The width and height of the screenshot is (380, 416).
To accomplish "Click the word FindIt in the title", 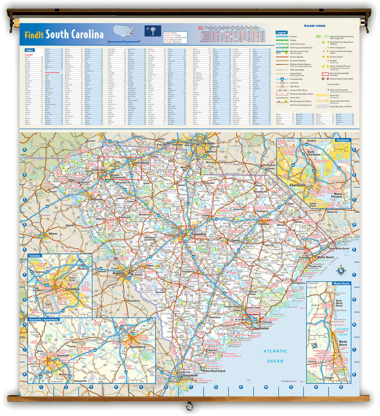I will [34, 35].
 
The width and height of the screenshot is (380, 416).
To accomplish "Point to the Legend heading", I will [282, 32].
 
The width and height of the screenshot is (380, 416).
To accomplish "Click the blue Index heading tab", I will [30, 50].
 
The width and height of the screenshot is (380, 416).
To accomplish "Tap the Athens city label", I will [52, 233].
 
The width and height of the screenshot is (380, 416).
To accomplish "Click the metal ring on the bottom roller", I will [189, 405].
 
